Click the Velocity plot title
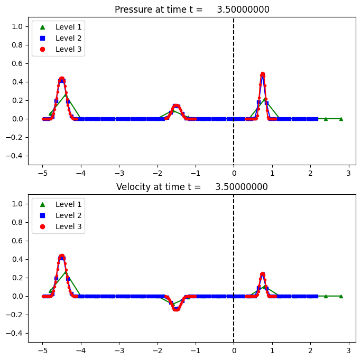click(x=192, y=187)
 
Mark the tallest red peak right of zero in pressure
click(x=263, y=74)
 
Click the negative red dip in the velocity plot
click(x=176, y=309)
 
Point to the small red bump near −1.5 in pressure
click(x=176, y=106)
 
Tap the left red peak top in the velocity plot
click(x=62, y=256)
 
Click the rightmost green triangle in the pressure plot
click(x=341, y=119)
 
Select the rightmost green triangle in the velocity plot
click(x=341, y=296)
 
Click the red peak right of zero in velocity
click(x=263, y=274)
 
